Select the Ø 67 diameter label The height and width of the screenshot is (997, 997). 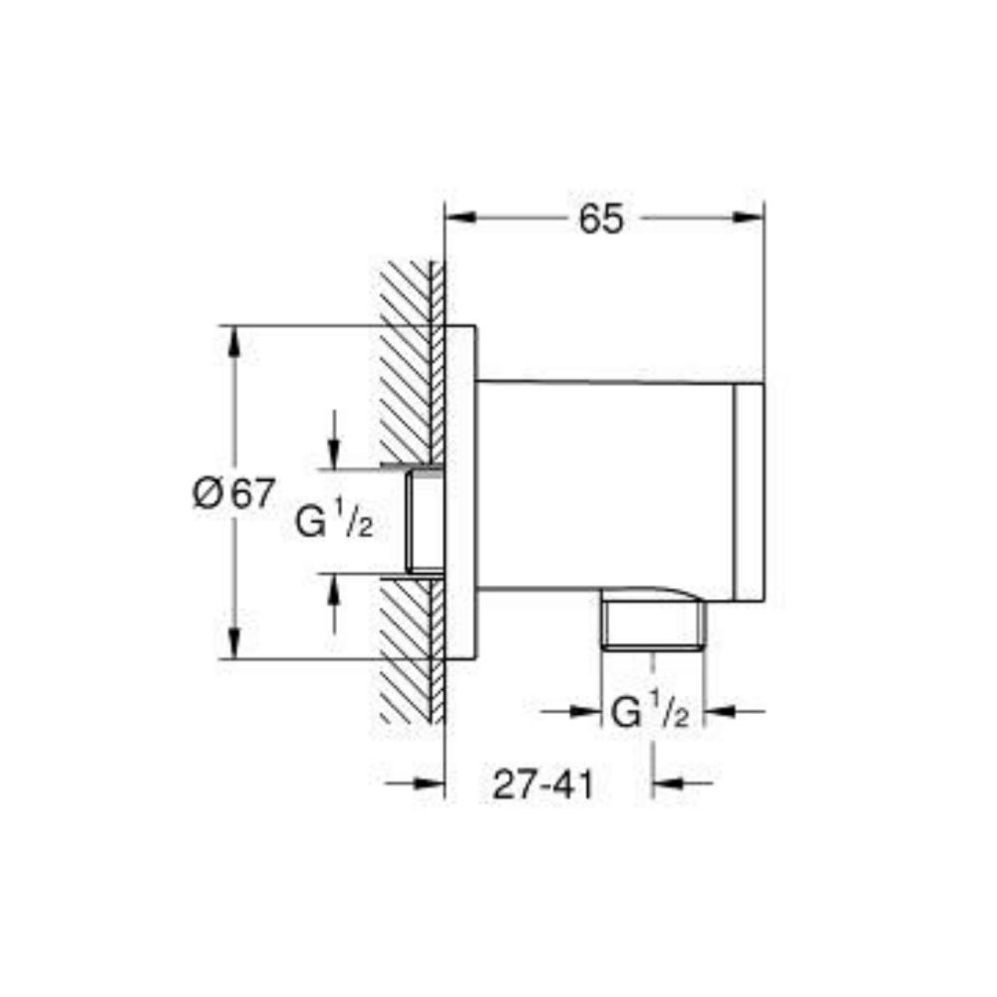tap(232, 494)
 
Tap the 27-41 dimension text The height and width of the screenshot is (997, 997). tap(542, 786)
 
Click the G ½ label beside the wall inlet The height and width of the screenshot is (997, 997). tap(334, 520)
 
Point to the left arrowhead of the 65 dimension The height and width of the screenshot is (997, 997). tap(458, 217)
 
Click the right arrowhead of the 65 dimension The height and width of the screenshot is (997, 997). tap(749, 217)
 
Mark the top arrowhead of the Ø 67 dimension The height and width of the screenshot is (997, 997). tap(233, 342)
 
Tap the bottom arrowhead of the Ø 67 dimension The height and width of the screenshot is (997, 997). tap(233, 642)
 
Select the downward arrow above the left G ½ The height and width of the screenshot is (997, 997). tap(334, 454)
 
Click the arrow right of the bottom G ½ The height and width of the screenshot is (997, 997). tap(720, 711)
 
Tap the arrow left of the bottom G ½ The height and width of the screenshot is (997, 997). tap(585, 711)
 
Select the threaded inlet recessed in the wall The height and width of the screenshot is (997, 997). tap(426, 520)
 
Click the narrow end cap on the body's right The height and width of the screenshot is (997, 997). tap(749, 494)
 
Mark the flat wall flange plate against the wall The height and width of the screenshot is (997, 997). tap(460, 494)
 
